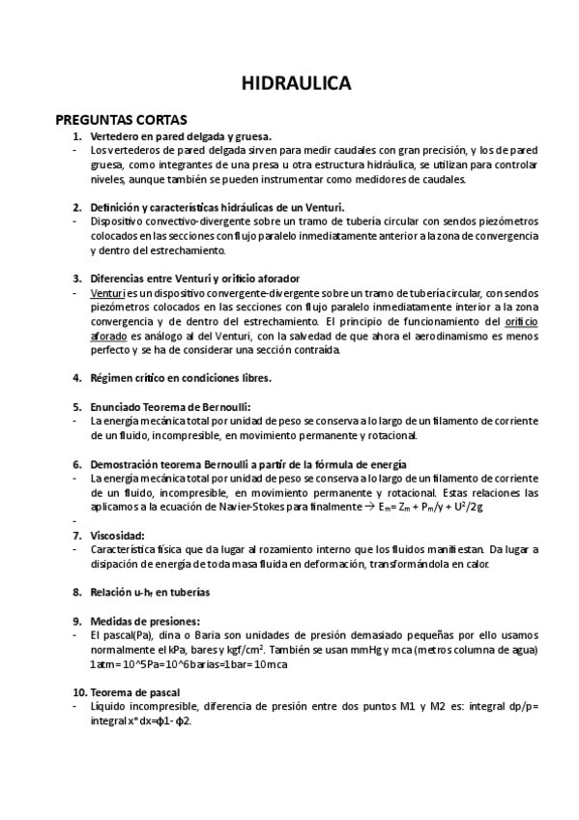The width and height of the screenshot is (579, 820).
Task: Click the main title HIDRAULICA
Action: point(296,84)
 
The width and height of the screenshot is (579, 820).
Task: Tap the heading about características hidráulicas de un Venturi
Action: point(217,207)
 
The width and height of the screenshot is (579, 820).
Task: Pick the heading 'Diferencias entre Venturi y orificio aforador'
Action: point(194,278)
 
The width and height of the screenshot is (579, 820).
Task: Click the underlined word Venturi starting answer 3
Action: point(107,292)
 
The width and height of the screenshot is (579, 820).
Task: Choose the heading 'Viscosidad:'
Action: point(117,535)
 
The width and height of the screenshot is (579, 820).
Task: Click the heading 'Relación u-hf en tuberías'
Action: point(150,591)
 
